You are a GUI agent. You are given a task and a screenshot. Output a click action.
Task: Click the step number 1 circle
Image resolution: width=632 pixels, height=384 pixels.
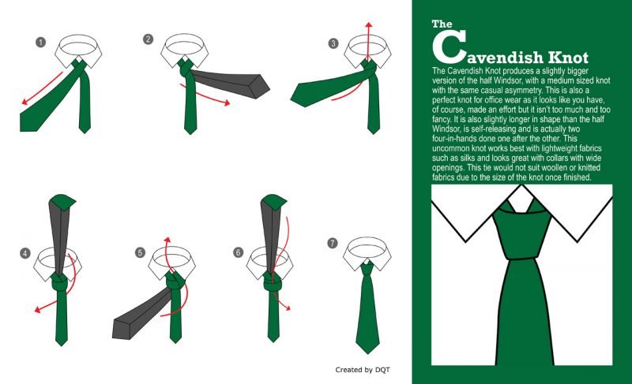[x=40, y=43]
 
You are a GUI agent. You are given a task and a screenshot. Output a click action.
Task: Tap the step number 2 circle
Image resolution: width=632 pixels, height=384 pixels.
[x=148, y=39]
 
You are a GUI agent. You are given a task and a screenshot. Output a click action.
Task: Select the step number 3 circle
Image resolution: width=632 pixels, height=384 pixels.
[x=333, y=43]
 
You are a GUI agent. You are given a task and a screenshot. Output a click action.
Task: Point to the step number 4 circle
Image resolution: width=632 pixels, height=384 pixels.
[x=25, y=253]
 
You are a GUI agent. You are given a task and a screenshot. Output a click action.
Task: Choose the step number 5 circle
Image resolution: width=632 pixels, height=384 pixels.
[x=140, y=252]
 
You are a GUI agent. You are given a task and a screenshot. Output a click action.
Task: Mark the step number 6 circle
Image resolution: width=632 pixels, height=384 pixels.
[x=239, y=252]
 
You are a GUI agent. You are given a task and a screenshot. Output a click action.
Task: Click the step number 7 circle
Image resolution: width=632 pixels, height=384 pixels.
[x=332, y=243]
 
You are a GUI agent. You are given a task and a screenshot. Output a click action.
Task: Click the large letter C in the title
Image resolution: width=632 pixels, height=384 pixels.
[x=448, y=47]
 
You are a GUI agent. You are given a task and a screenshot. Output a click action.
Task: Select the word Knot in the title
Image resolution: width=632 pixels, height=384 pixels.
[x=568, y=57]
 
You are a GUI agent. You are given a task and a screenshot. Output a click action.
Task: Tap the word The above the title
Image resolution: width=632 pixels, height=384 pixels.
[x=442, y=24]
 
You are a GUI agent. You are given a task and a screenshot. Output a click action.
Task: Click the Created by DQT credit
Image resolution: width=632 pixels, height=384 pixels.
[x=363, y=370]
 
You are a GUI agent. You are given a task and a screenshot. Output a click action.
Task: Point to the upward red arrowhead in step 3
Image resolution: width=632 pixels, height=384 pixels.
[x=368, y=25]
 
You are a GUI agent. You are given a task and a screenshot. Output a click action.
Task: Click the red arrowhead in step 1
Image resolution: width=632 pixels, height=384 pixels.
[x=24, y=102]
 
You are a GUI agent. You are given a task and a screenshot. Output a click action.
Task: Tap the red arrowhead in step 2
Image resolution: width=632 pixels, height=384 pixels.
[x=227, y=103]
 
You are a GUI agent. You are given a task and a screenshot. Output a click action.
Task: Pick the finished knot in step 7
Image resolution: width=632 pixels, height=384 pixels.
[x=367, y=268]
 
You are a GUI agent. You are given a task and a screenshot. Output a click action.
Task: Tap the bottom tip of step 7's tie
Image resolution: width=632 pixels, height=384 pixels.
[x=367, y=354]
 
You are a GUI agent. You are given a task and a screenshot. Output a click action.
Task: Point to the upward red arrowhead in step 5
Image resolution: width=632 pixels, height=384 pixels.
[x=167, y=240]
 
